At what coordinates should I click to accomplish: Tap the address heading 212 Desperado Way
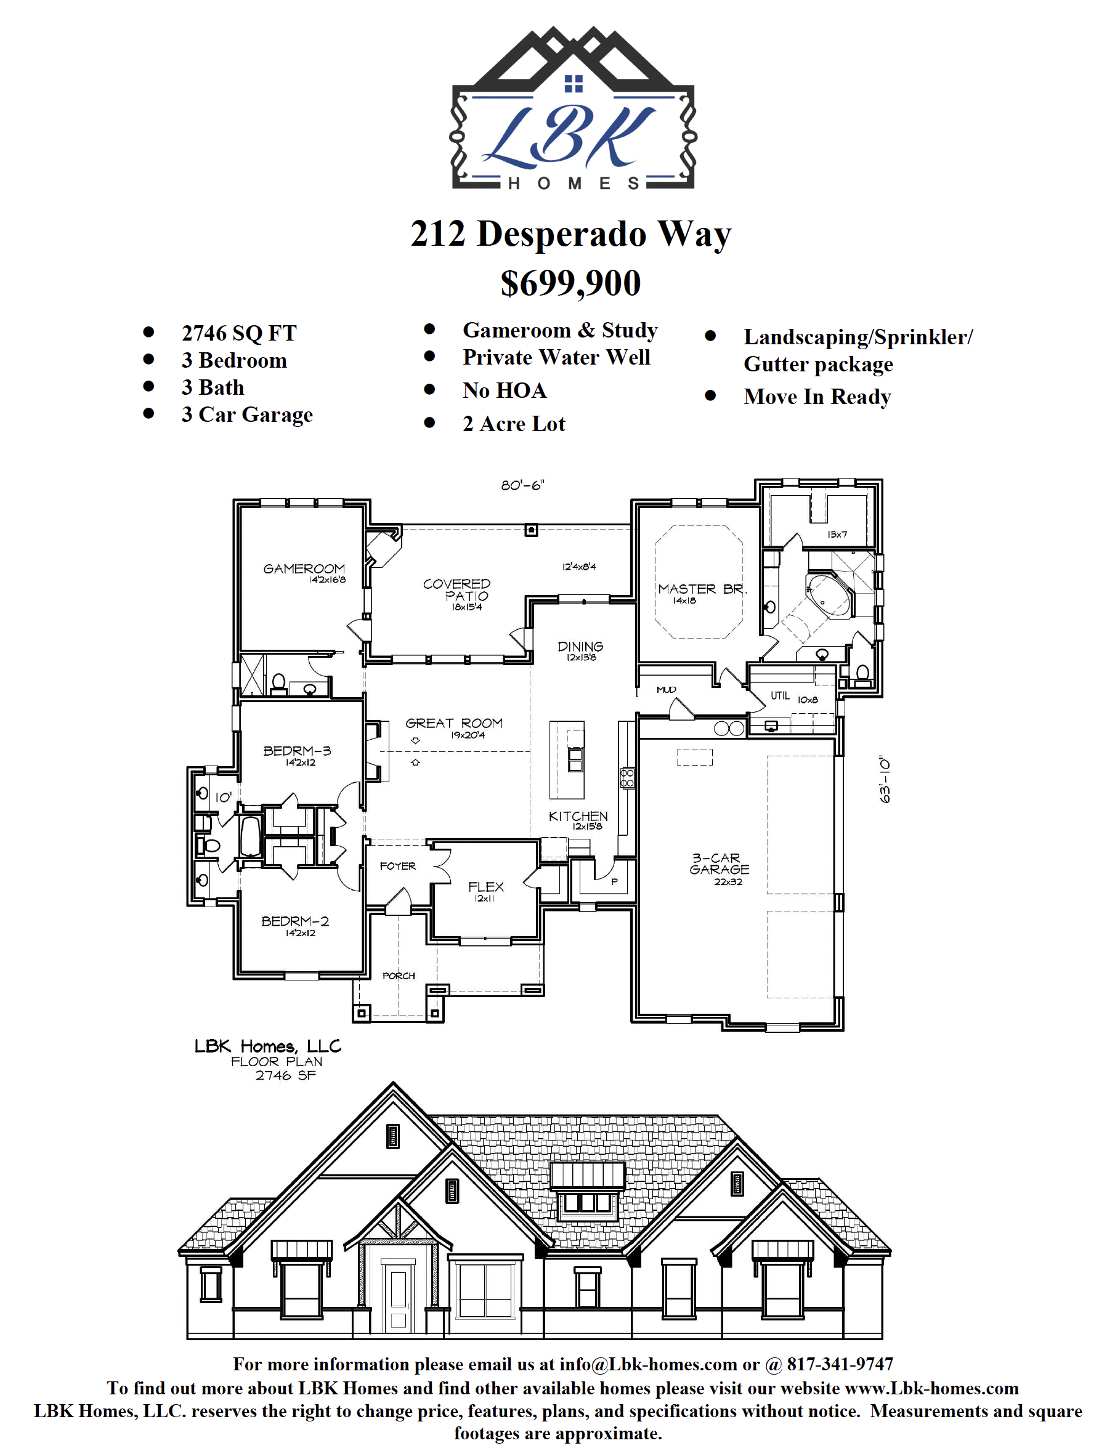pyautogui.click(x=571, y=234)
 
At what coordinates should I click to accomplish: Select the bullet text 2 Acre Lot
pyautogui.click(x=514, y=424)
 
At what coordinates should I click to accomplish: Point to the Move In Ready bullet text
pyautogui.click(x=817, y=397)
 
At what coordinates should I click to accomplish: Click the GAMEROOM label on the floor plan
pyautogui.click(x=304, y=568)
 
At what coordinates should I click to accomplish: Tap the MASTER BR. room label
pyautogui.click(x=702, y=589)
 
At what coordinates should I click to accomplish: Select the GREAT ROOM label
pyautogui.click(x=454, y=723)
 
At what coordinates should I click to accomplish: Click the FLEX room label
pyautogui.click(x=486, y=887)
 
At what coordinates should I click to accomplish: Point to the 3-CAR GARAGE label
pyautogui.click(x=720, y=864)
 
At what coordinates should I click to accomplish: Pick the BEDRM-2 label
pyautogui.click(x=294, y=921)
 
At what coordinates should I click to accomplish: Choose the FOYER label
pyautogui.click(x=397, y=867)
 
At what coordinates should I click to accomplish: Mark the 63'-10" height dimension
pyautogui.click(x=885, y=780)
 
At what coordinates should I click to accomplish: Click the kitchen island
pyautogui.click(x=567, y=759)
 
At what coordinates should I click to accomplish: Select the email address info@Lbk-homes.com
pyautogui.click(x=649, y=1365)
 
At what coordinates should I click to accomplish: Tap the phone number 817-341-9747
pyautogui.click(x=840, y=1365)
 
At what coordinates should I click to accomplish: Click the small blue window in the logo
pyautogui.click(x=574, y=84)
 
